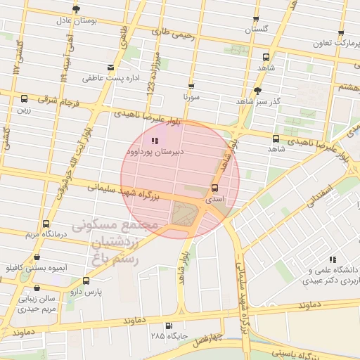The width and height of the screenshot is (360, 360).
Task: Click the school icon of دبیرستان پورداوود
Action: pos(155,141)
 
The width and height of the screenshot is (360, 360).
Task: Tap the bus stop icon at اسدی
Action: pos(214,188)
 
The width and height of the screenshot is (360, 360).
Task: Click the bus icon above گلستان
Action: pos(255,20)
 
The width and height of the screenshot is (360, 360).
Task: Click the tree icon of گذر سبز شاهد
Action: pos(258,91)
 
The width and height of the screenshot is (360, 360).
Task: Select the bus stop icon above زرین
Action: pos(25,99)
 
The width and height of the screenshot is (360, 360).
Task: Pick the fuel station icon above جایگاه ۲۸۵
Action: pos(167,326)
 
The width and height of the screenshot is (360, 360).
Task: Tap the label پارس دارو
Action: pos(89,291)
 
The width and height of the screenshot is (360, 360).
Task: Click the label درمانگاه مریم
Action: pos(46,233)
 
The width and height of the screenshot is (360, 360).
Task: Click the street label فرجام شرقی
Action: pos(57,101)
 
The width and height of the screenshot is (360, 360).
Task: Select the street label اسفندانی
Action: pos(320,195)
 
